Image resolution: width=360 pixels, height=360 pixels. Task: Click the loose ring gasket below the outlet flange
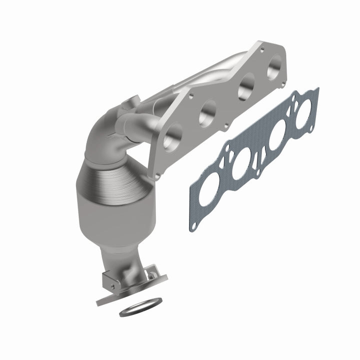[x=141, y=306]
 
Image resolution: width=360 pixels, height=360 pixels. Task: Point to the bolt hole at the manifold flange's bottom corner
[x=158, y=175]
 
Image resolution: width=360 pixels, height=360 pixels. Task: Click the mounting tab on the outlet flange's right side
[x=151, y=274]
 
